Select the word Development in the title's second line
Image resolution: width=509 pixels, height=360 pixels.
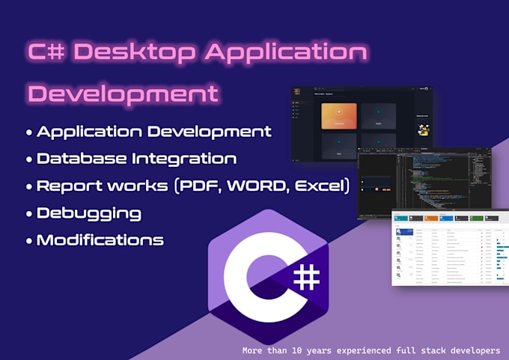pyautogui.click(x=124, y=94)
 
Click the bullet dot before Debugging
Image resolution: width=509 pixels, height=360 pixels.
pyautogui.click(x=28, y=213)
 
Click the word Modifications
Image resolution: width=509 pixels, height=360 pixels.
pyautogui.click(x=100, y=240)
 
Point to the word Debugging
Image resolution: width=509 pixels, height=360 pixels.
pyautogui.click(x=89, y=213)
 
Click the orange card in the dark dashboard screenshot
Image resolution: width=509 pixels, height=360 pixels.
pyautogui.click(x=339, y=116)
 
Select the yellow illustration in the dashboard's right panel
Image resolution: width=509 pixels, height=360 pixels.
pyautogui.click(x=424, y=129)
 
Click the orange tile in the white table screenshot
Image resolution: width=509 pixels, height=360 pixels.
pyautogui.click(x=432, y=218)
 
